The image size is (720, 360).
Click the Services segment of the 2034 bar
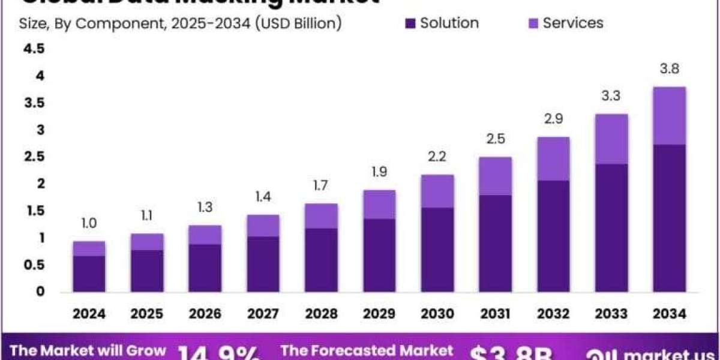(670, 116)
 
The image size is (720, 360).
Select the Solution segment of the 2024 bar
(89, 274)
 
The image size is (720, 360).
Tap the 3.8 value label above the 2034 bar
(670, 69)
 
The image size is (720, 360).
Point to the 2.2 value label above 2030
(437, 157)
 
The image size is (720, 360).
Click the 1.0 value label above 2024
(89, 223)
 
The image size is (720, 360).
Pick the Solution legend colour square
(410, 24)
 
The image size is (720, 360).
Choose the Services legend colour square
(533, 24)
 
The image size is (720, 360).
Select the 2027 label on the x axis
(263, 313)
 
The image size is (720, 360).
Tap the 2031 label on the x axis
(496, 313)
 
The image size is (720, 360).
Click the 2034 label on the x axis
(670, 313)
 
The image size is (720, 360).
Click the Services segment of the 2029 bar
(379, 205)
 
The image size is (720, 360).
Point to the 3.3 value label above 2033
(611, 96)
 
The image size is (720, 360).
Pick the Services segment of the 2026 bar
(205, 235)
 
